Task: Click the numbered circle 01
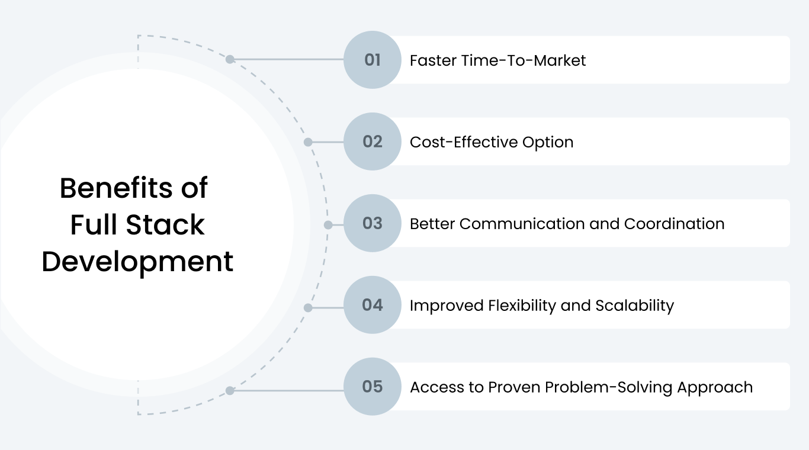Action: (x=373, y=60)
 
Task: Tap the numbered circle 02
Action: (x=373, y=142)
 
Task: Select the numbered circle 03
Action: (x=373, y=223)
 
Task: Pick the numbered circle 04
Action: (x=373, y=305)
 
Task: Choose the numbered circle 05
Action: (x=373, y=387)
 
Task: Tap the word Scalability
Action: (x=634, y=306)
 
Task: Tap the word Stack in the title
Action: (x=172, y=225)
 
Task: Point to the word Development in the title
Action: (x=137, y=262)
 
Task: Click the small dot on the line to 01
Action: (x=230, y=59)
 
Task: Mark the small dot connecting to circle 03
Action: (x=328, y=225)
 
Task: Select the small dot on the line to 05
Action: (x=230, y=391)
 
